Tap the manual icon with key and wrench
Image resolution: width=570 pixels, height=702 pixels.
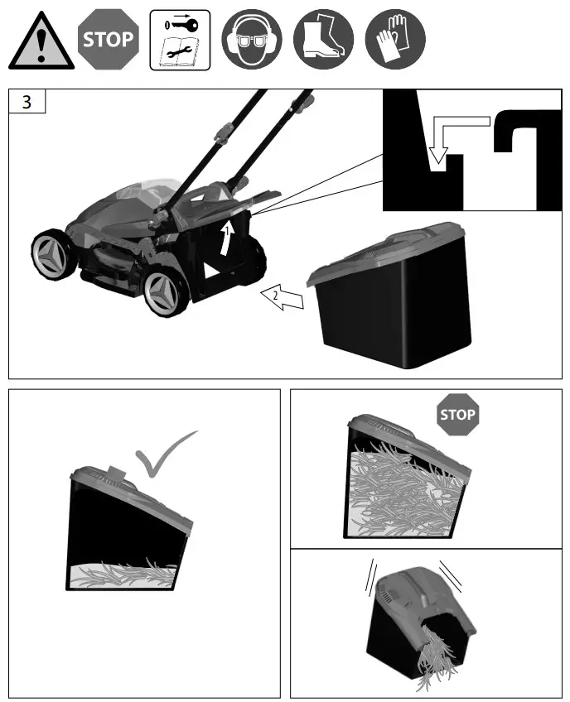180,40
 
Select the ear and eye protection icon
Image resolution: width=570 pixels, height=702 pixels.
252,40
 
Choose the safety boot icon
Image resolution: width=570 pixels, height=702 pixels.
323,40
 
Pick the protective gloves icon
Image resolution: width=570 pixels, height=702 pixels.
395,40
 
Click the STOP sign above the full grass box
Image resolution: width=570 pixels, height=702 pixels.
457,413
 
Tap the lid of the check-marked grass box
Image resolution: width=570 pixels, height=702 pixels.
133,493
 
